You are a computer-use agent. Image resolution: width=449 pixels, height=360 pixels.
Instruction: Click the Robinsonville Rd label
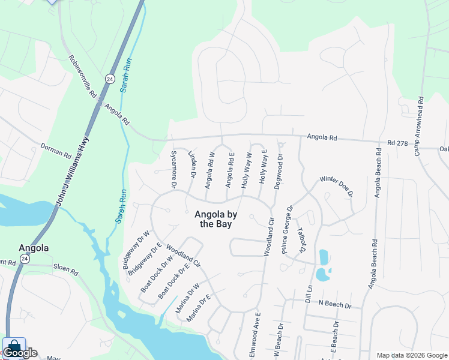coord(83,77)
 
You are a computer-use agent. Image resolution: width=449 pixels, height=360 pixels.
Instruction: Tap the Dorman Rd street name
coord(55,150)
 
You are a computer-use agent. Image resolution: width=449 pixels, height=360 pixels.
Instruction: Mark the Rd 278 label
coord(398,143)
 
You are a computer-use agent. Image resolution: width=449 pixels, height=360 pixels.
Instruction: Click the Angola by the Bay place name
coord(215,219)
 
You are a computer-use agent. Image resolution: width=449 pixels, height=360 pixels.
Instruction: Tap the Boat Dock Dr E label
coord(173,281)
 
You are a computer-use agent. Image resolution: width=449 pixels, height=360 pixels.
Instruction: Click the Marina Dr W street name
coord(187,297)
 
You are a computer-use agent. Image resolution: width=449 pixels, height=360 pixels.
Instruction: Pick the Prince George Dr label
coord(287,230)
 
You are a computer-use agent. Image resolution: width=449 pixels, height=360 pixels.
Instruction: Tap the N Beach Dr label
coord(335,305)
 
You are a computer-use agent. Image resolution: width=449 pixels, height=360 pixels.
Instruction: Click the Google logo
coord(20,353)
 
